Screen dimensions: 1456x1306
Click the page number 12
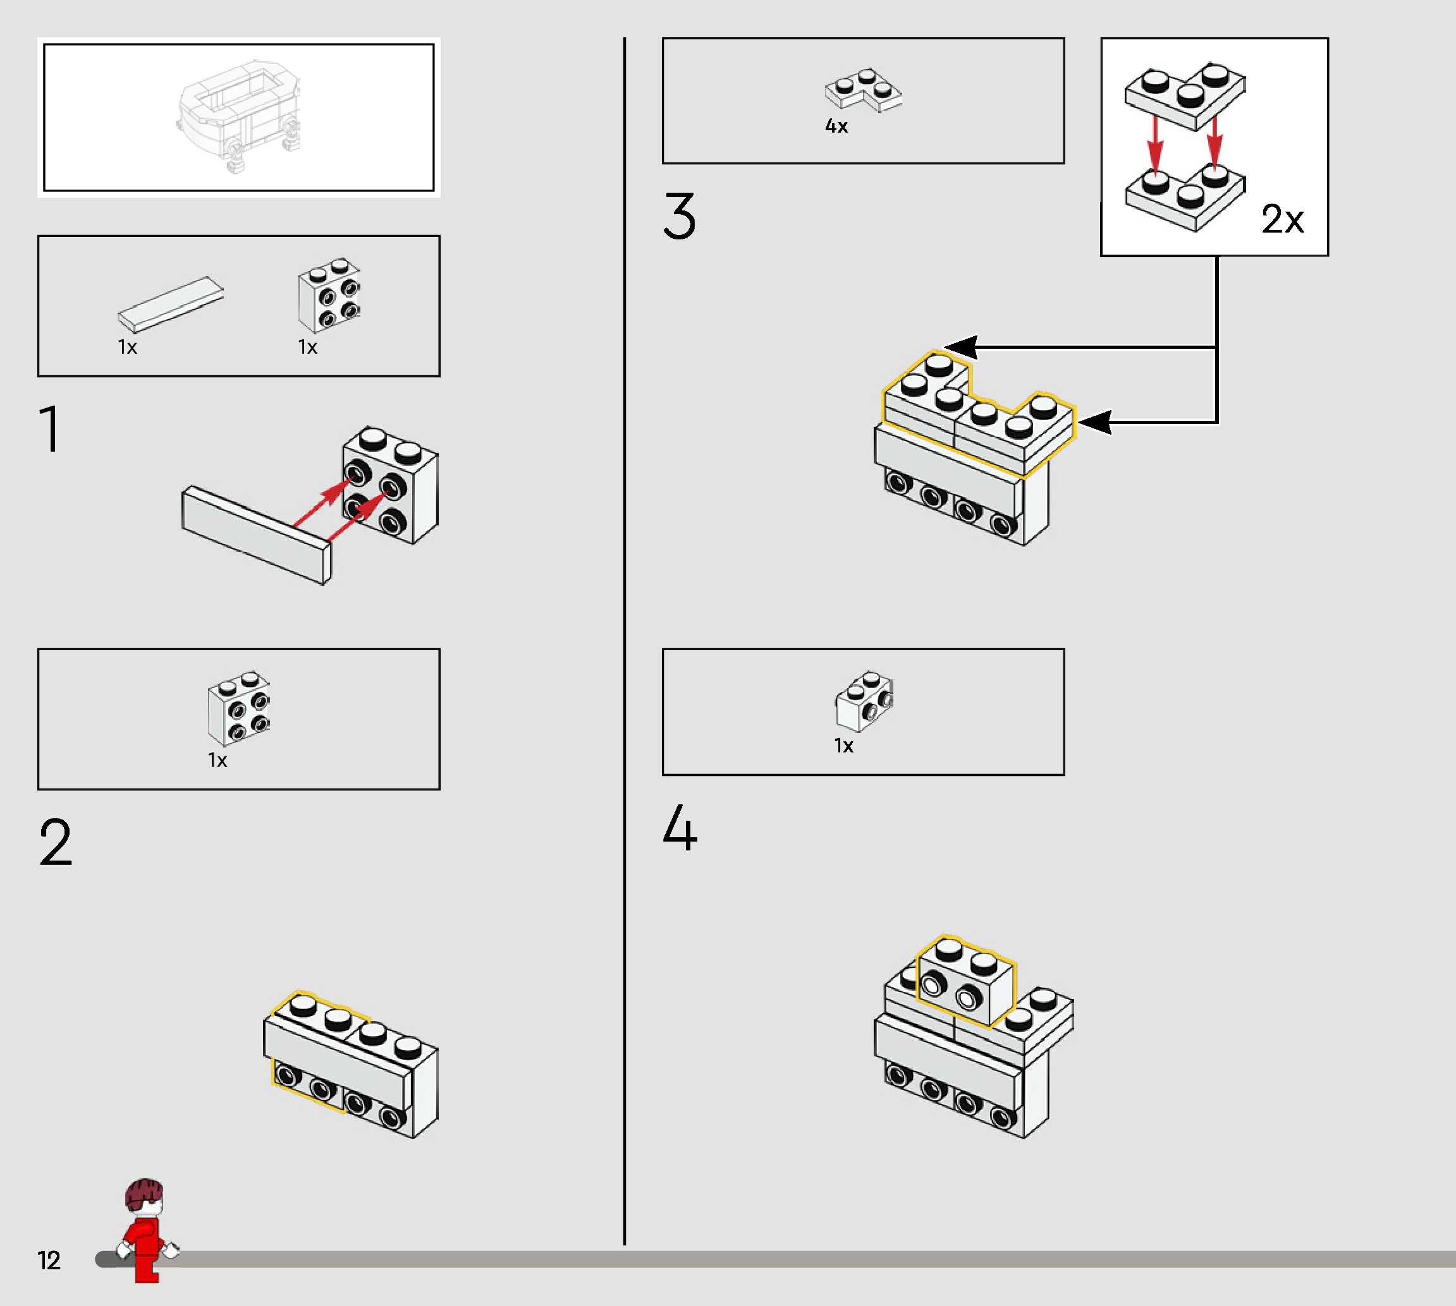49,1260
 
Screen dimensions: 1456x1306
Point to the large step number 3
679,215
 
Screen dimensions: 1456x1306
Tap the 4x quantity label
836,126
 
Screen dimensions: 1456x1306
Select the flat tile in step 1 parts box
171,305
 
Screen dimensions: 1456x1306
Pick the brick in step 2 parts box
239,708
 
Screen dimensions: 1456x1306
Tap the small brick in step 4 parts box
864,701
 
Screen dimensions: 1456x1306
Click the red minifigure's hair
144,1194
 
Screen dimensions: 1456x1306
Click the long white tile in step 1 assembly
256,535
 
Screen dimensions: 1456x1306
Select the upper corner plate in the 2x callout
1185,97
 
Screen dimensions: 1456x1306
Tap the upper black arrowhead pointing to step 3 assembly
960,348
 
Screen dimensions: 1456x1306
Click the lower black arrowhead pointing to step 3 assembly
1096,422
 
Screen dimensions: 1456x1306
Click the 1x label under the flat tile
128,348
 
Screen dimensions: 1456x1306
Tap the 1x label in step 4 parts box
843,746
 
